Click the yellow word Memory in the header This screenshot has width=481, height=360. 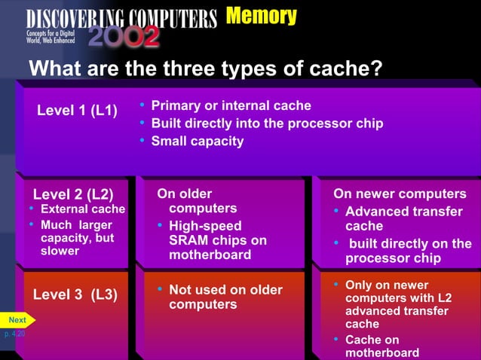(x=261, y=16)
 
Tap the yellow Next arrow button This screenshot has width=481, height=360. (x=17, y=320)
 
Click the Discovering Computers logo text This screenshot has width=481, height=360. (x=121, y=18)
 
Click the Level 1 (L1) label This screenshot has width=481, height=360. (x=77, y=111)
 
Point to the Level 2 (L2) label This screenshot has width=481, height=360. (x=73, y=194)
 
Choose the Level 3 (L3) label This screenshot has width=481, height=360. (x=75, y=294)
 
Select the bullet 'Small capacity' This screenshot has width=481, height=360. (x=198, y=141)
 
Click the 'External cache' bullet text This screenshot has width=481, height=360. (x=82, y=209)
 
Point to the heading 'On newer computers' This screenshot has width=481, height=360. (x=400, y=194)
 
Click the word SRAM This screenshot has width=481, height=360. (x=188, y=240)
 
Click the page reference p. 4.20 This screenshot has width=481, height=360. (x=13, y=333)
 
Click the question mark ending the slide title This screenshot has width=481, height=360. (x=377, y=69)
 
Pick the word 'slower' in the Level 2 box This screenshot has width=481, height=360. (x=60, y=251)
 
